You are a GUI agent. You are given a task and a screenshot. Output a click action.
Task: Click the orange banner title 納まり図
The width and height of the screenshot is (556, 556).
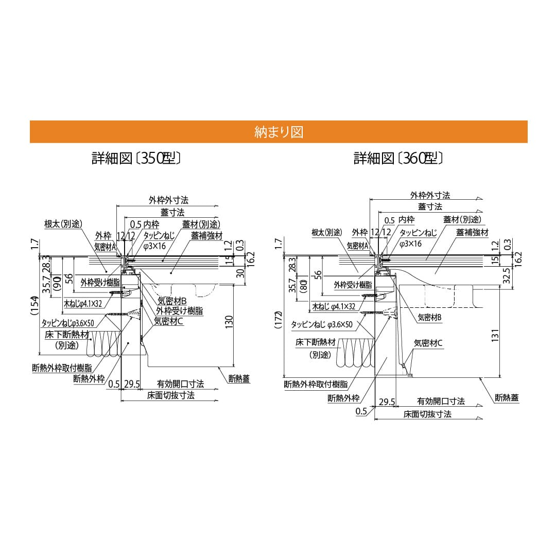(279, 132)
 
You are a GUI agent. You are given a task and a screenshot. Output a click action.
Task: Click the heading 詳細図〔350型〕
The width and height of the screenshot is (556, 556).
(136, 158)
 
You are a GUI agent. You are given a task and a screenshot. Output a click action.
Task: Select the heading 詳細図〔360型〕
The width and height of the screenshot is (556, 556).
(398, 158)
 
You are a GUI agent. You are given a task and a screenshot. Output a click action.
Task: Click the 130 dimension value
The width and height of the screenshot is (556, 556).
(229, 321)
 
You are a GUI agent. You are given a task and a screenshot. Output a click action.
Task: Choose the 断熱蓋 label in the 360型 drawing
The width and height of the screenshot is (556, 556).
(507, 397)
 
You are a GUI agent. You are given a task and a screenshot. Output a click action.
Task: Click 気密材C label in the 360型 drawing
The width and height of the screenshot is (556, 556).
(428, 343)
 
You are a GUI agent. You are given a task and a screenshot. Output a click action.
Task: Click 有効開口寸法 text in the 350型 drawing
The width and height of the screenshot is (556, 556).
(180, 384)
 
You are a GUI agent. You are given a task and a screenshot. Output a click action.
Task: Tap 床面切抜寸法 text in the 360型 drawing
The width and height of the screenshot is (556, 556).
(427, 413)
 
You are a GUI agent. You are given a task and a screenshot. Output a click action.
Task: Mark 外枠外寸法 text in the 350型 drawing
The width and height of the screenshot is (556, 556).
(168, 200)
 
